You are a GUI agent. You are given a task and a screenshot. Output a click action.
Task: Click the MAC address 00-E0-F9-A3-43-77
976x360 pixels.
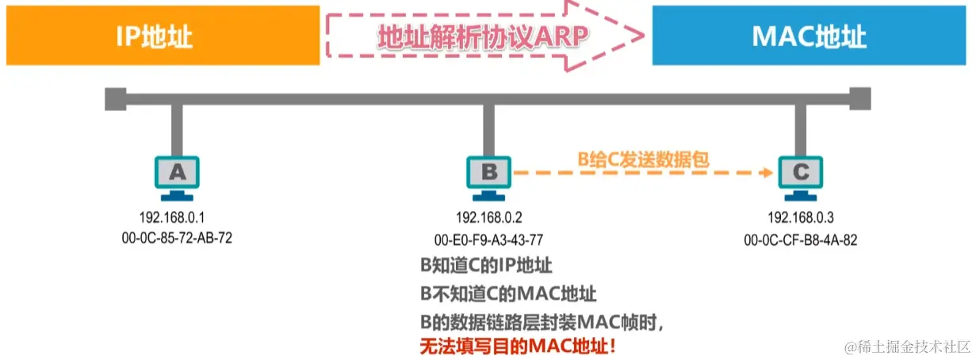pyautogui.click(x=488, y=238)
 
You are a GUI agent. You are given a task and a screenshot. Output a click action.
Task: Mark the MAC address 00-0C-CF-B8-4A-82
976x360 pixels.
pyautogui.click(x=800, y=238)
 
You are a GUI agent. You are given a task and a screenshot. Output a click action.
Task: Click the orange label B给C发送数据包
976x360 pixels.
pyautogui.click(x=643, y=159)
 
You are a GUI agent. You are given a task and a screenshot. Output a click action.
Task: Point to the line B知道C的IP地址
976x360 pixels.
pyautogui.click(x=486, y=265)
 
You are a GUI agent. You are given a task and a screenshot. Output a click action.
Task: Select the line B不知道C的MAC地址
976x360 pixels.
pyautogui.click(x=507, y=293)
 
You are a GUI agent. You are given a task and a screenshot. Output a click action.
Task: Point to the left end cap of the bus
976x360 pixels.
pyautogui.click(x=113, y=100)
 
